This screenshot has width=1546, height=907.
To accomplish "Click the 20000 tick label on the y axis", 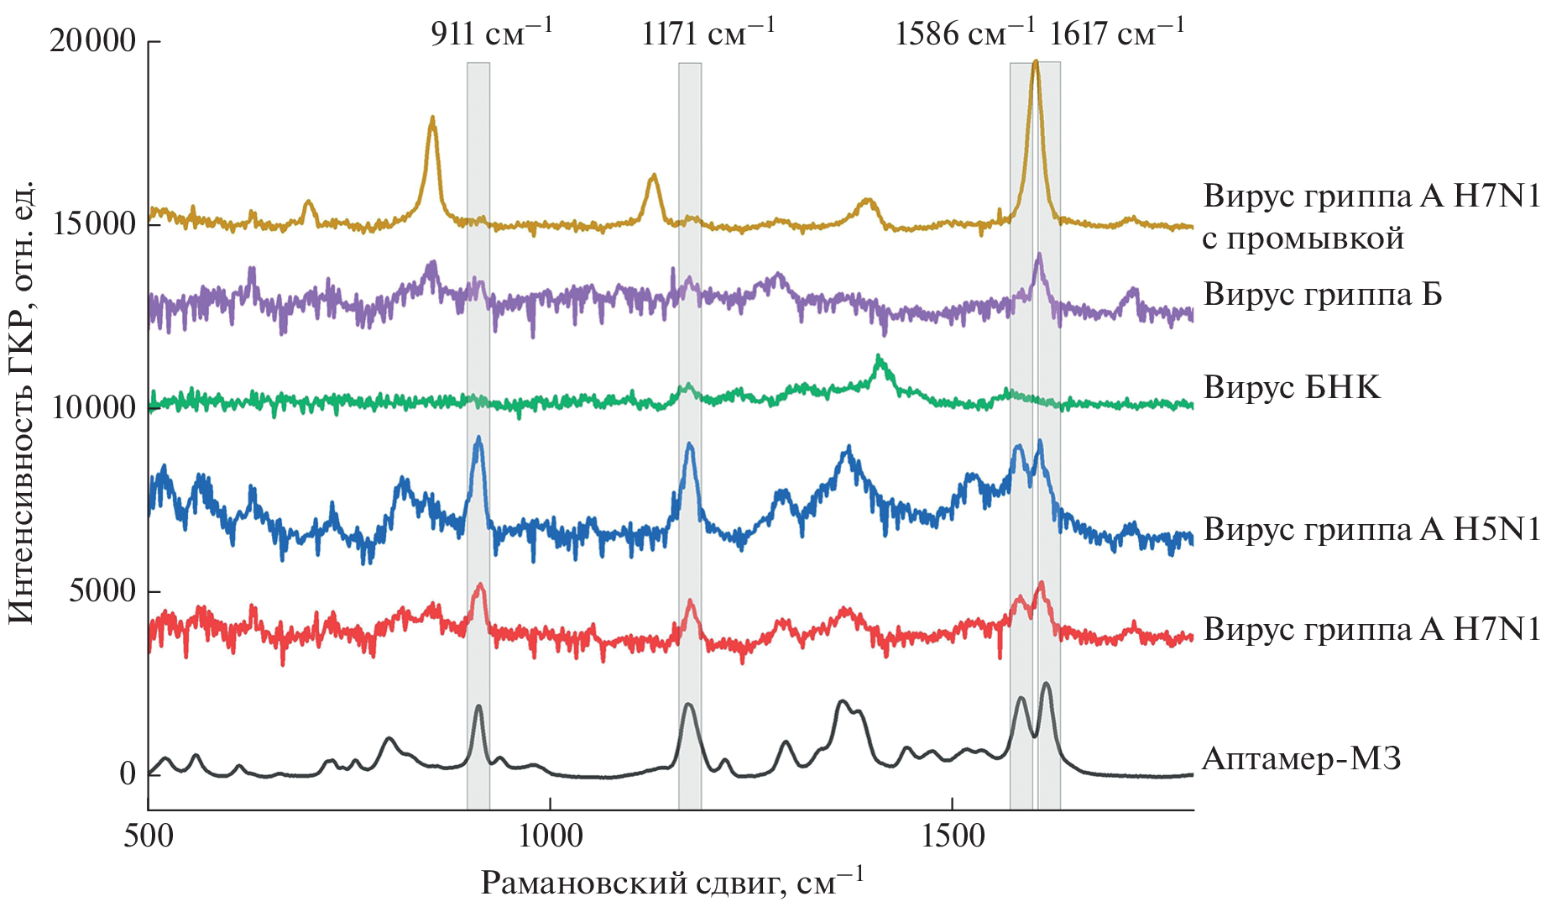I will coord(93,40).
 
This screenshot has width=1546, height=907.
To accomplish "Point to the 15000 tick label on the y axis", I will coord(93,224).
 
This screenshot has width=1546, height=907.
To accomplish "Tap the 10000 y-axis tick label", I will coord(93,408).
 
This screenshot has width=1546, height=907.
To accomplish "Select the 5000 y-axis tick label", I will coord(102,591).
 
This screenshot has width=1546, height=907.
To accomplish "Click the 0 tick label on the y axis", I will coord(128,773).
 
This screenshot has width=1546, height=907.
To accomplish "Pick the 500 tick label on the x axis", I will coord(149,836).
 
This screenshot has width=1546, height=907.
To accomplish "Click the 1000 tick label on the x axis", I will coord(550,836).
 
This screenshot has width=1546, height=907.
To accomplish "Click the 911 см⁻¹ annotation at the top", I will coord(492,33).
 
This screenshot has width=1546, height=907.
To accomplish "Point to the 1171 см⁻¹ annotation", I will coord(708,33).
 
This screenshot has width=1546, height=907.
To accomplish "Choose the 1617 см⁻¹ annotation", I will coord(1117,33).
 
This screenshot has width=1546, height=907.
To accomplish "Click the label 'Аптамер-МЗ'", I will coord(1302,759).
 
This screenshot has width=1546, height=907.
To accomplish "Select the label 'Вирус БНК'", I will coord(1292,387).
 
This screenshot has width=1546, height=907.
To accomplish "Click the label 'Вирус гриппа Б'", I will coord(1323,294).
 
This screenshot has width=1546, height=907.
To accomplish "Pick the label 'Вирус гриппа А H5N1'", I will coord(1371,529).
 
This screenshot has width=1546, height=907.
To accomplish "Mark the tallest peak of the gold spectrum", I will coord(1036,61).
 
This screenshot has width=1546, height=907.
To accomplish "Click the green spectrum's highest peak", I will coord(879,357).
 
